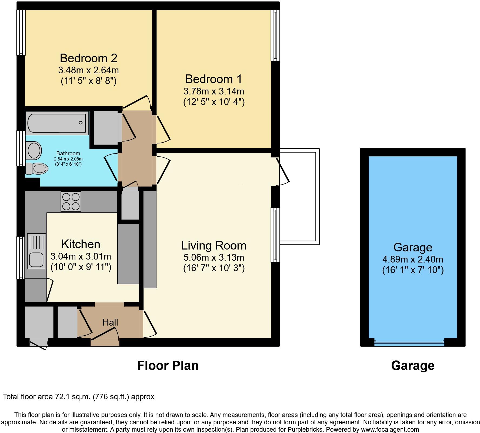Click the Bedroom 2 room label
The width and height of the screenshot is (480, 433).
coord(88,58)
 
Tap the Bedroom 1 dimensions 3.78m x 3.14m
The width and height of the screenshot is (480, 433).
coord(214,91)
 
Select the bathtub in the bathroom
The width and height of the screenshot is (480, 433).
coord(57,123)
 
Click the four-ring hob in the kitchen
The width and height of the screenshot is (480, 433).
coord(71,201)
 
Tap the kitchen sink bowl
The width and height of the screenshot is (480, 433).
coord(36,260)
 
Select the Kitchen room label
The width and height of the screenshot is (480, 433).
coord(81,244)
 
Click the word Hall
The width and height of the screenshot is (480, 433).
coord(110,322)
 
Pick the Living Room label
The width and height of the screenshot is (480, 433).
coord(214,246)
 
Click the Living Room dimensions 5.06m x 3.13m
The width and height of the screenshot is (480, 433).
coord(214,257)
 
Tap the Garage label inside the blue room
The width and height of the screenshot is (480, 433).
coord(413,247)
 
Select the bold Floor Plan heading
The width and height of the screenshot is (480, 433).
coord(168,366)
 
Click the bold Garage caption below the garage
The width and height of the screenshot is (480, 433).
coord(412,366)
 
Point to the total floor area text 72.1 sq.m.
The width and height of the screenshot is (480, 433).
coord(78,397)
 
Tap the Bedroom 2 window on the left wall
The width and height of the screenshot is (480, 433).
coord(21,32)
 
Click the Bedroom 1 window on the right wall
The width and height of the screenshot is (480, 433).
coord(275,35)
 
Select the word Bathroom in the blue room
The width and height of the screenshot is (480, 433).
coord(68,153)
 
